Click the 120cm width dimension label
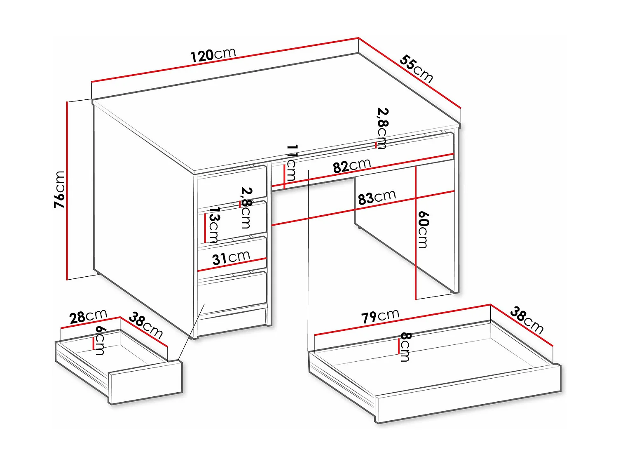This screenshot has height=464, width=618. (x=213, y=54)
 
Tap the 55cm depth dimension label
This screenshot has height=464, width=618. (x=417, y=69)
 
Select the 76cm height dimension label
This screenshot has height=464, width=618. (x=60, y=189)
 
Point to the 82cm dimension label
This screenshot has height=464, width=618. (x=352, y=166)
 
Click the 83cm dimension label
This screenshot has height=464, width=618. (x=377, y=197)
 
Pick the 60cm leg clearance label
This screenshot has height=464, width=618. (x=423, y=230)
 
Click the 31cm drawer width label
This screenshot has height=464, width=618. (x=231, y=258)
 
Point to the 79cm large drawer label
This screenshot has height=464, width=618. (x=380, y=316)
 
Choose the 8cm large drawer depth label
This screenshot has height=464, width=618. (x=405, y=347)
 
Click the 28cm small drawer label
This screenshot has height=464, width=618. (x=88, y=316)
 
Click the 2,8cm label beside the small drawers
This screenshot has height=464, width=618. (x=246, y=207)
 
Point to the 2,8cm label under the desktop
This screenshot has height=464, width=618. (x=382, y=128)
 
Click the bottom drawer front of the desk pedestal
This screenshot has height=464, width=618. (x=233, y=293)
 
